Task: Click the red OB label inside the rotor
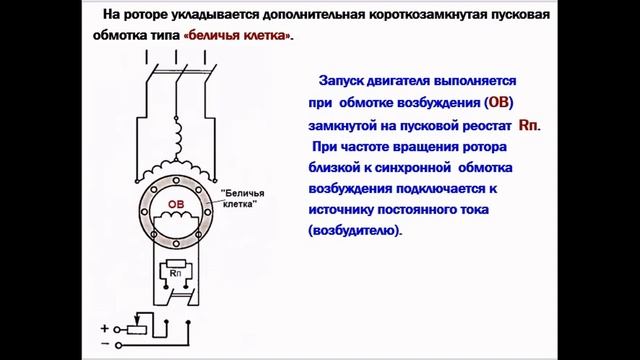176,204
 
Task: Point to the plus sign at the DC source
104,327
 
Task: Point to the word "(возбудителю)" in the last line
354,229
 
